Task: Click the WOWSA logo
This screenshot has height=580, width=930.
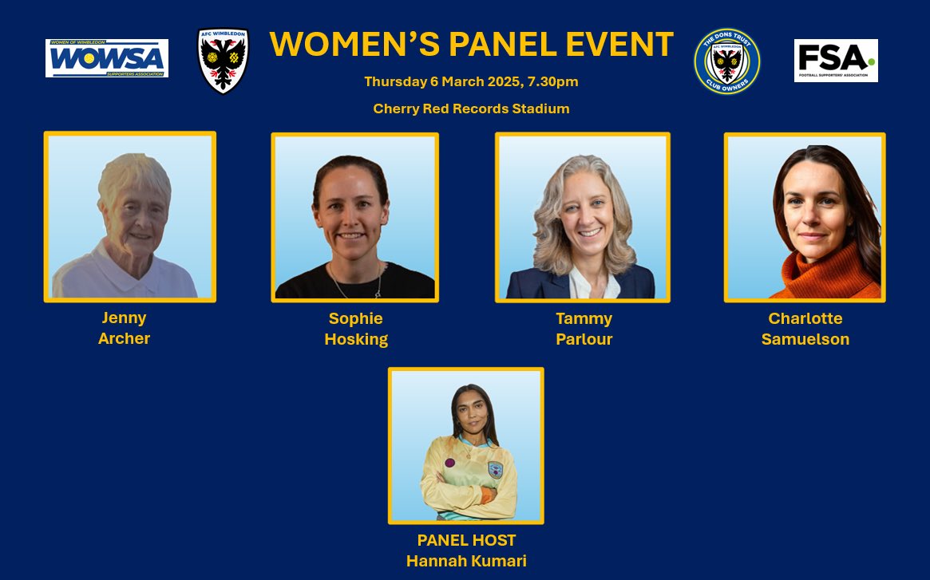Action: click(107, 58)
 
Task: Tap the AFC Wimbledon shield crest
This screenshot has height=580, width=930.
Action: click(223, 61)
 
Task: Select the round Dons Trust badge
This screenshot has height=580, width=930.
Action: click(727, 61)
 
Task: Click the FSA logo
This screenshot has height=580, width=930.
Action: click(836, 61)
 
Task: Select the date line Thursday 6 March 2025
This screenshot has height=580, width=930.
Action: click(471, 81)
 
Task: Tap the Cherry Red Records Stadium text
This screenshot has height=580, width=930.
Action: click(471, 109)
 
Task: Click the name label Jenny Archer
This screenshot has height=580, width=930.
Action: click(124, 328)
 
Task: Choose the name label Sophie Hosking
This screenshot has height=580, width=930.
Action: click(355, 329)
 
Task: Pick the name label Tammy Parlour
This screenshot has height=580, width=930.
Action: click(584, 329)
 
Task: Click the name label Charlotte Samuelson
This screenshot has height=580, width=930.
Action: click(805, 329)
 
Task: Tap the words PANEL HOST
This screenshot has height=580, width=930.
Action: click(466, 540)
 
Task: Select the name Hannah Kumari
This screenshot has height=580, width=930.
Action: click(466, 561)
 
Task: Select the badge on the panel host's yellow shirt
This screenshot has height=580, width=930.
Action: click(495, 470)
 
